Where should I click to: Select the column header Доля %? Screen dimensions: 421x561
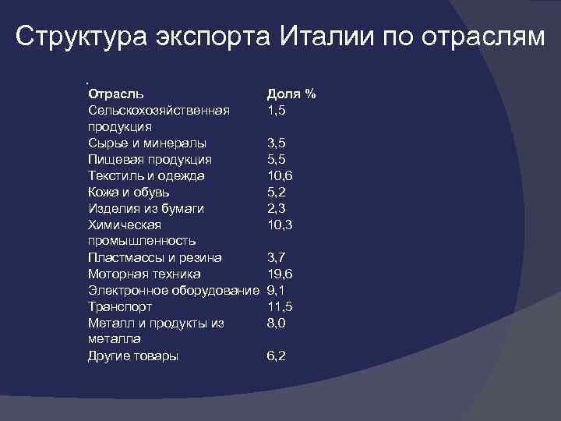coord(291,94)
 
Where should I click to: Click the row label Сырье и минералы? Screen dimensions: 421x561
coord(147,143)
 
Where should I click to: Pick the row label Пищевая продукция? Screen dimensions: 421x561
coord(150,159)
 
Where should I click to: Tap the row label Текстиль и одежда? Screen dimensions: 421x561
coord(146,175)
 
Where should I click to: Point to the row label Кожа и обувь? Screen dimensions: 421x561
coord(129,192)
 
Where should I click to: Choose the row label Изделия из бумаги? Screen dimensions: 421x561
coord(146,208)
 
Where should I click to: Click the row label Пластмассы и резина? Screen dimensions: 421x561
coord(155,257)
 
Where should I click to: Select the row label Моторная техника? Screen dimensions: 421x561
coord(144,274)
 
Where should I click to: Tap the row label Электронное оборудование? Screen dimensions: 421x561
coord(173,290)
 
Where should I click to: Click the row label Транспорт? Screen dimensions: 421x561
coord(120,306)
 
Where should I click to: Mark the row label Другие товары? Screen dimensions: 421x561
coord(133,356)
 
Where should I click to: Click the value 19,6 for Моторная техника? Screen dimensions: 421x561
coord(280,274)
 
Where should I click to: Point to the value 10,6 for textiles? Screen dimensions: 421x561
coord(280,175)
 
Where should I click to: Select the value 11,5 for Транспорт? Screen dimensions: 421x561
coord(280,306)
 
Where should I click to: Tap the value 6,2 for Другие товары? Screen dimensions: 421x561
coord(277,356)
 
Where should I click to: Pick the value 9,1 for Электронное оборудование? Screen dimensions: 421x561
coord(276,290)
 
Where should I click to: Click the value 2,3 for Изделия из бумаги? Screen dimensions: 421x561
coord(277,208)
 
